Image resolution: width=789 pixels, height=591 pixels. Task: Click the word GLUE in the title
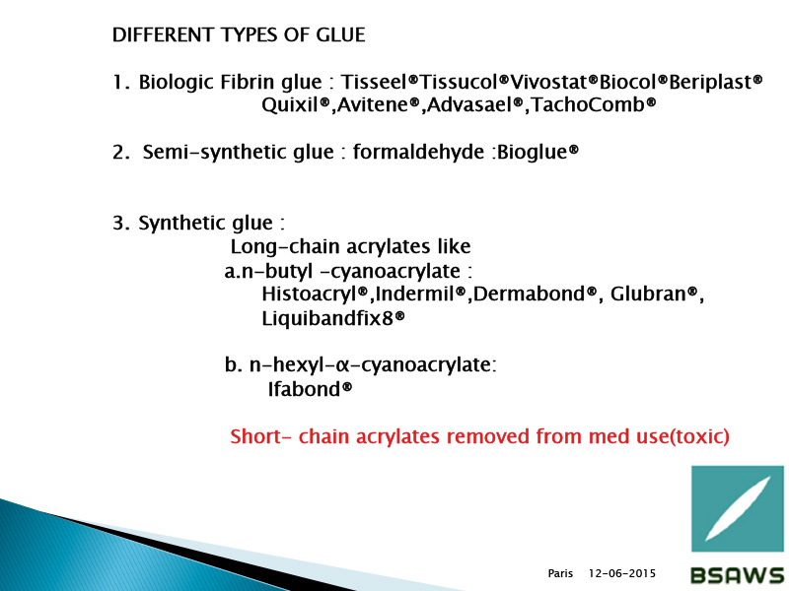click(x=340, y=35)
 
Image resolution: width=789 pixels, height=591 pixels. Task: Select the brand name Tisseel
click(x=376, y=82)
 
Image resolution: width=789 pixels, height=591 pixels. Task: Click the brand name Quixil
click(x=290, y=105)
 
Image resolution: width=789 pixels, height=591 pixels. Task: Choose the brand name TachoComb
click(x=588, y=105)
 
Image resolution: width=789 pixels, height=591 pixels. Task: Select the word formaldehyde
click(x=418, y=152)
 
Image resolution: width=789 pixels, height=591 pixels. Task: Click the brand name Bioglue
click(x=533, y=153)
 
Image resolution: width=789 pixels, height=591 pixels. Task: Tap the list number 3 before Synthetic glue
click(x=119, y=224)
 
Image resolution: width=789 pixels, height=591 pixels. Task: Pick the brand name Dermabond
click(x=530, y=294)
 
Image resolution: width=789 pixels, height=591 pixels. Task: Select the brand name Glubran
click(x=648, y=294)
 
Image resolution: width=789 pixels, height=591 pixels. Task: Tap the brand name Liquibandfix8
click(x=327, y=319)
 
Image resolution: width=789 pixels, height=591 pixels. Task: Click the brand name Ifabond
click(x=305, y=389)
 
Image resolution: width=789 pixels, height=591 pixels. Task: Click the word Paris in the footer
click(x=560, y=573)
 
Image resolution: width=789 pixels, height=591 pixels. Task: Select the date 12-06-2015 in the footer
click(x=622, y=573)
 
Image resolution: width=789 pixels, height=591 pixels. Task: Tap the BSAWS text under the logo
click(x=738, y=575)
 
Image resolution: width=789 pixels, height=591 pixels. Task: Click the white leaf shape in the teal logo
click(x=738, y=508)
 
